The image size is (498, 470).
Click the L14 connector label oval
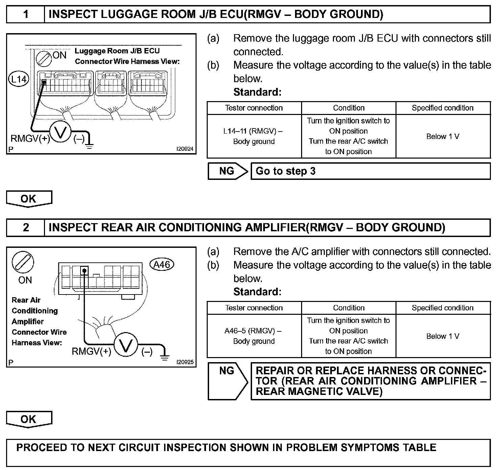pos(19,79)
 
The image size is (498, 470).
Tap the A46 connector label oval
pos(162,264)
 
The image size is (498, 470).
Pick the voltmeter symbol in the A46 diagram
pos(126,345)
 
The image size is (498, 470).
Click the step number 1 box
pos(26,14)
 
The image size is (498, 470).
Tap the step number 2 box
pos(26,227)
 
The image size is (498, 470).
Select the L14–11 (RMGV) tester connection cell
pos(254,136)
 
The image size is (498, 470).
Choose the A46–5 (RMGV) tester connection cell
pos(254,336)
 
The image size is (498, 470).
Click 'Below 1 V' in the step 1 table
pos(443,137)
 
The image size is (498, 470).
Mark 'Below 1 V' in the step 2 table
pos(443,336)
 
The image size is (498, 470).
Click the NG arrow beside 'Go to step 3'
pos(228,171)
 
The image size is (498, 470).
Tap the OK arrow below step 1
pos(29,199)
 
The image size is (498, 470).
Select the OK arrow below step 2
pos(29,419)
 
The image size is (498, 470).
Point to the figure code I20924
pos(185,149)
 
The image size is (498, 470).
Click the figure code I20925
pos(185,362)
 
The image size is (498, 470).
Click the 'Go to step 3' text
pos(286,171)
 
